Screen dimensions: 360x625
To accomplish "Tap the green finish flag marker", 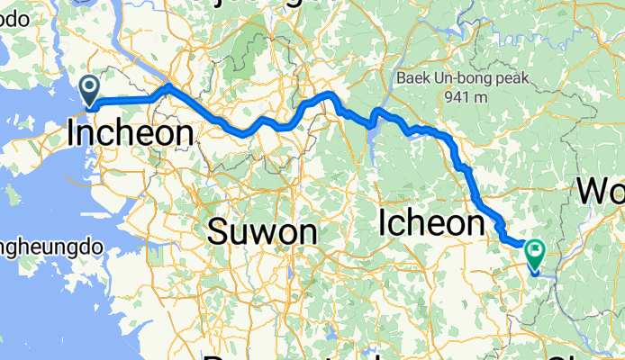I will (535, 256).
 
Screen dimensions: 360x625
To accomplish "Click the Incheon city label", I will (131, 135).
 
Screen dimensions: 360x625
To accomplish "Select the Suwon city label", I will (262, 233).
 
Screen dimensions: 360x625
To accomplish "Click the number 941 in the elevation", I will (453, 96).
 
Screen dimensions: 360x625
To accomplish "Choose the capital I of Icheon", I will (386, 221).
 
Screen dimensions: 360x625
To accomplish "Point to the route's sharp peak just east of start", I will (168, 86).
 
